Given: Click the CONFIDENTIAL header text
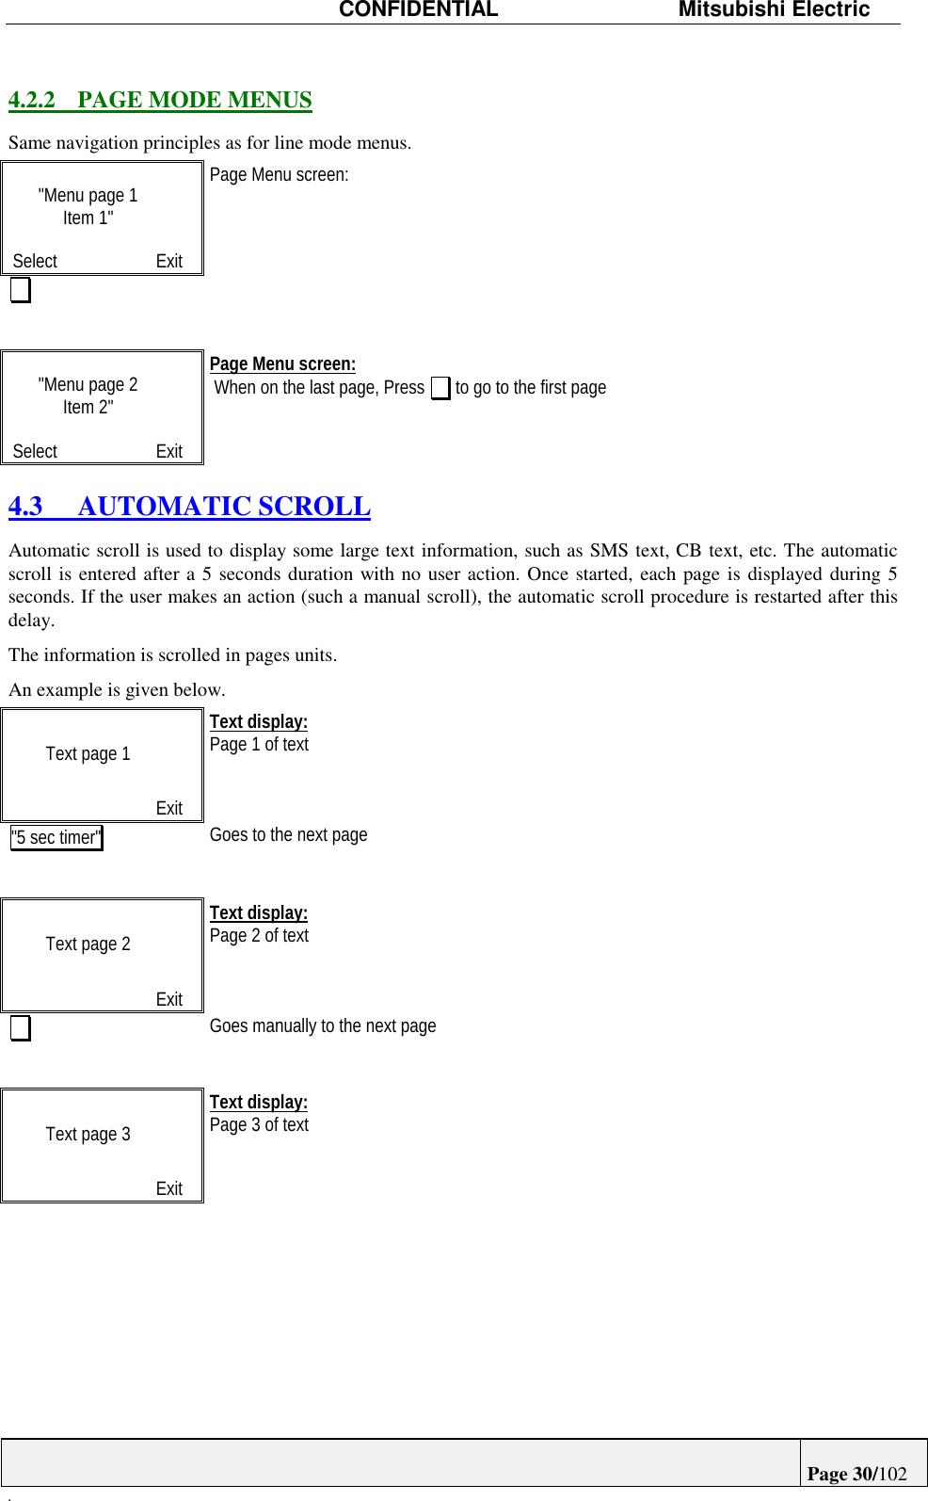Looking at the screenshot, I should click(x=418, y=10).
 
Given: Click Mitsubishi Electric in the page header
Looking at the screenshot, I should click(x=774, y=10).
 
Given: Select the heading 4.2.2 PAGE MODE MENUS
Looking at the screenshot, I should click(x=160, y=100).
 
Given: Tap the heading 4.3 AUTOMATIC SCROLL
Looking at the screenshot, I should click(x=189, y=507).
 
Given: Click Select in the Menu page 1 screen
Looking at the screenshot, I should click(x=35, y=261).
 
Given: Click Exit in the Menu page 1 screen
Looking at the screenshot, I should click(x=169, y=261).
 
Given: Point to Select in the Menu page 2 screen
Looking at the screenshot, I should click(x=35, y=451).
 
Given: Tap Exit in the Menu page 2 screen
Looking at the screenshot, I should click(x=169, y=451).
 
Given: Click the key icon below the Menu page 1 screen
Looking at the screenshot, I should click(x=21, y=290).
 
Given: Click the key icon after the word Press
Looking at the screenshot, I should click(x=440, y=388).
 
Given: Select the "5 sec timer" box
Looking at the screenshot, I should click(x=56, y=837).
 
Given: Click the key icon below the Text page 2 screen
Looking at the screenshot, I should click(x=21, y=1027).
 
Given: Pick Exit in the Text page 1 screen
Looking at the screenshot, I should click(x=169, y=808).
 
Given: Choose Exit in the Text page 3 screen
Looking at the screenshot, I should click(x=169, y=1188).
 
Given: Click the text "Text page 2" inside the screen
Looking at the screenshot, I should click(x=88, y=944).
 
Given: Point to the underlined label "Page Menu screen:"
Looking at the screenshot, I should click(x=282, y=364).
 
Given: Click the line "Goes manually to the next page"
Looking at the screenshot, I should click(x=323, y=1025).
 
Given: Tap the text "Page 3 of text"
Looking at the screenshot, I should click(x=259, y=1125).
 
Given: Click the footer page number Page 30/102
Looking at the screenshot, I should click(x=856, y=1474).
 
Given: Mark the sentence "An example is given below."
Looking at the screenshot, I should click(x=117, y=689).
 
